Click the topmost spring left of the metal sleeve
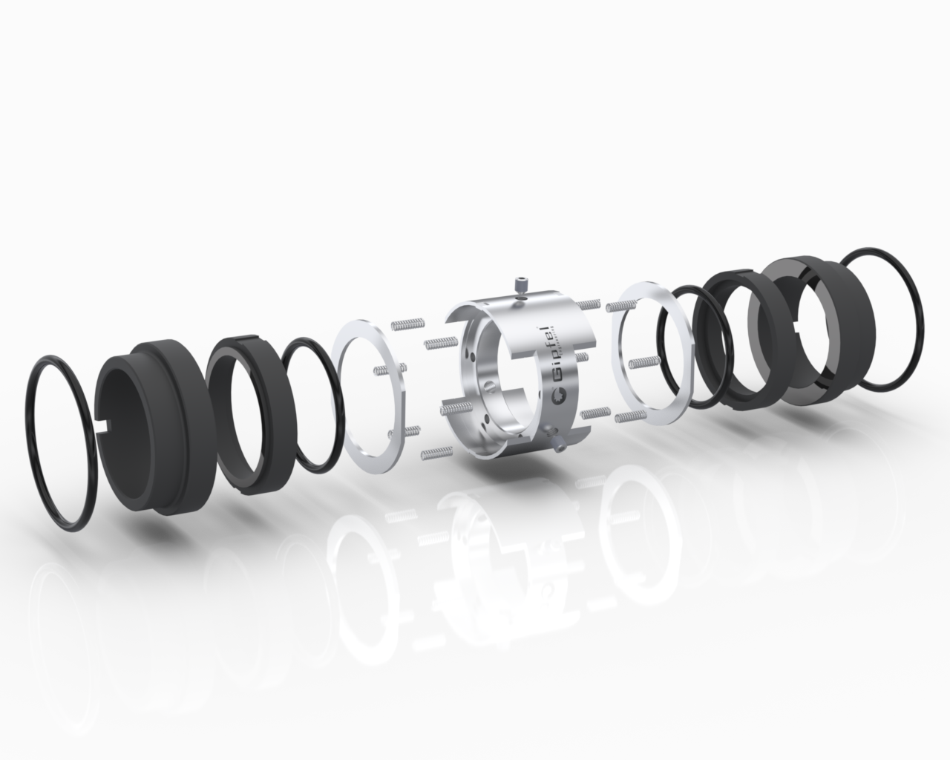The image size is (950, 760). coord(406,323)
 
